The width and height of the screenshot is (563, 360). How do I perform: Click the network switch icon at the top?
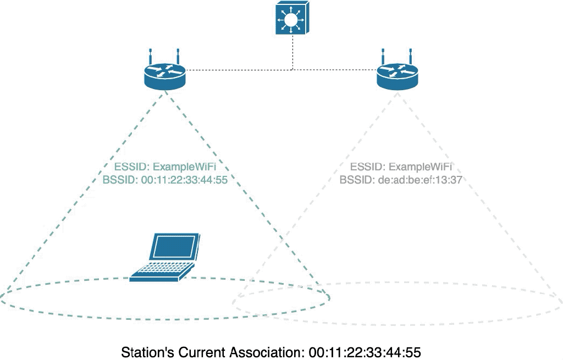(x=292, y=19)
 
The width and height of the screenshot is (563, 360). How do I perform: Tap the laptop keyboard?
(x=162, y=269)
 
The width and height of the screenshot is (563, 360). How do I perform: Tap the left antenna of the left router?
(x=151, y=57)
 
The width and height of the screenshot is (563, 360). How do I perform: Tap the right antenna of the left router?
(x=178, y=57)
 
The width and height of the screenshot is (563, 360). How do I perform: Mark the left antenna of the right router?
(x=383, y=57)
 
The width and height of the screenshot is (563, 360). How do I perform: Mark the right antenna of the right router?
(x=410, y=57)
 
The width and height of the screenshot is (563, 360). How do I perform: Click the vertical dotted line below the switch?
(x=292, y=52)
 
